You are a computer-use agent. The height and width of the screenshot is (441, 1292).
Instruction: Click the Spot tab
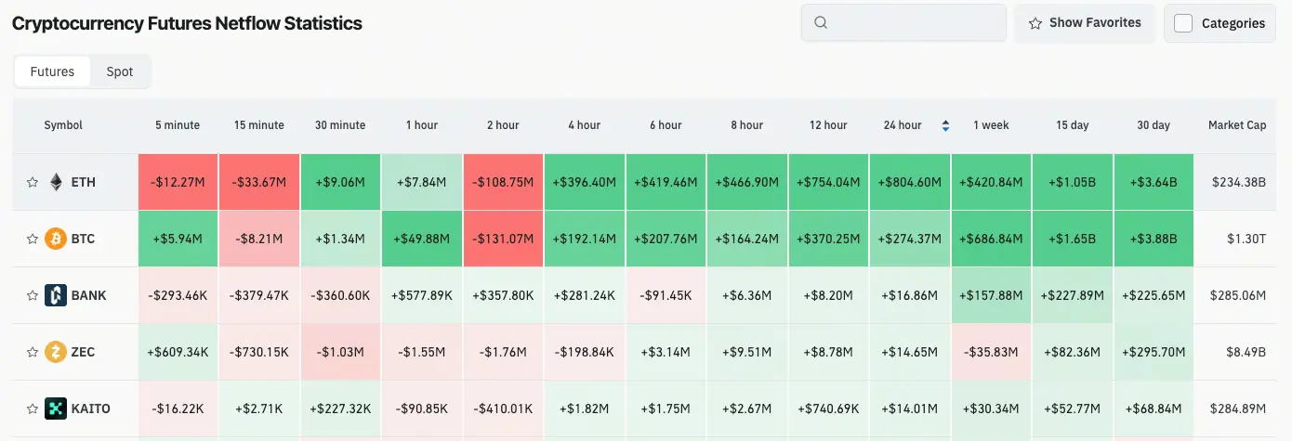click(119, 71)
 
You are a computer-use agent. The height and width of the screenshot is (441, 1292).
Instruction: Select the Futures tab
click(52, 71)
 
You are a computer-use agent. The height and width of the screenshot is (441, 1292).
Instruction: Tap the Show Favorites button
click(1085, 23)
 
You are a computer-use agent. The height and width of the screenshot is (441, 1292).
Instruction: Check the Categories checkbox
click(1183, 23)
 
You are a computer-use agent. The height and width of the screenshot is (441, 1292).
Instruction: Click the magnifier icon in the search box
click(821, 22)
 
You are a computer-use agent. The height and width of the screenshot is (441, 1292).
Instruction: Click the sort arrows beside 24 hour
click(945, 125)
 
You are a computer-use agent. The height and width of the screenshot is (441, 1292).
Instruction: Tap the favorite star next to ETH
click(33, 182)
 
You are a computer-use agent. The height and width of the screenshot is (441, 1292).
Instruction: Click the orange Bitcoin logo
click(56, 239)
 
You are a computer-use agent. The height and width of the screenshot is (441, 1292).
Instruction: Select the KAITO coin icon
click(56, 409)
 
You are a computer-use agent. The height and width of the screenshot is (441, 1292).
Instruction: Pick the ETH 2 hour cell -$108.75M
click(503, 182)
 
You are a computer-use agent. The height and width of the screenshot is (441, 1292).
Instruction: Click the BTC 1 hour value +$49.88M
click(422, 239)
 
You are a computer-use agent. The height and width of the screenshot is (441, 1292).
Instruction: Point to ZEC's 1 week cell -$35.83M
click(991, 352)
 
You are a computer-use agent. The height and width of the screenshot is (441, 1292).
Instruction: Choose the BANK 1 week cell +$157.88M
click(991, 295)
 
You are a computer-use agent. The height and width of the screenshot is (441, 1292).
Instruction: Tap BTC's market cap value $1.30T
click(1246, 239)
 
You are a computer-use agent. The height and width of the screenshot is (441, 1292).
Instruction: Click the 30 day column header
click(1154, 125)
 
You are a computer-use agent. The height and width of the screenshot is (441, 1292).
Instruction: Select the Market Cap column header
click(1237, 125)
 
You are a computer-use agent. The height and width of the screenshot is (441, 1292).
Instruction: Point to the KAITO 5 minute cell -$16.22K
click(178, 409)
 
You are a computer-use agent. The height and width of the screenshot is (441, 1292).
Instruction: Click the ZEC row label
click(83, 352)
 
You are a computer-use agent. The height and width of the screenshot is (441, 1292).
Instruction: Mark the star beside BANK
click(33, 296)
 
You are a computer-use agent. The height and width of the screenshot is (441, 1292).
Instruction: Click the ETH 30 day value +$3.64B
click(1154, 182)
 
